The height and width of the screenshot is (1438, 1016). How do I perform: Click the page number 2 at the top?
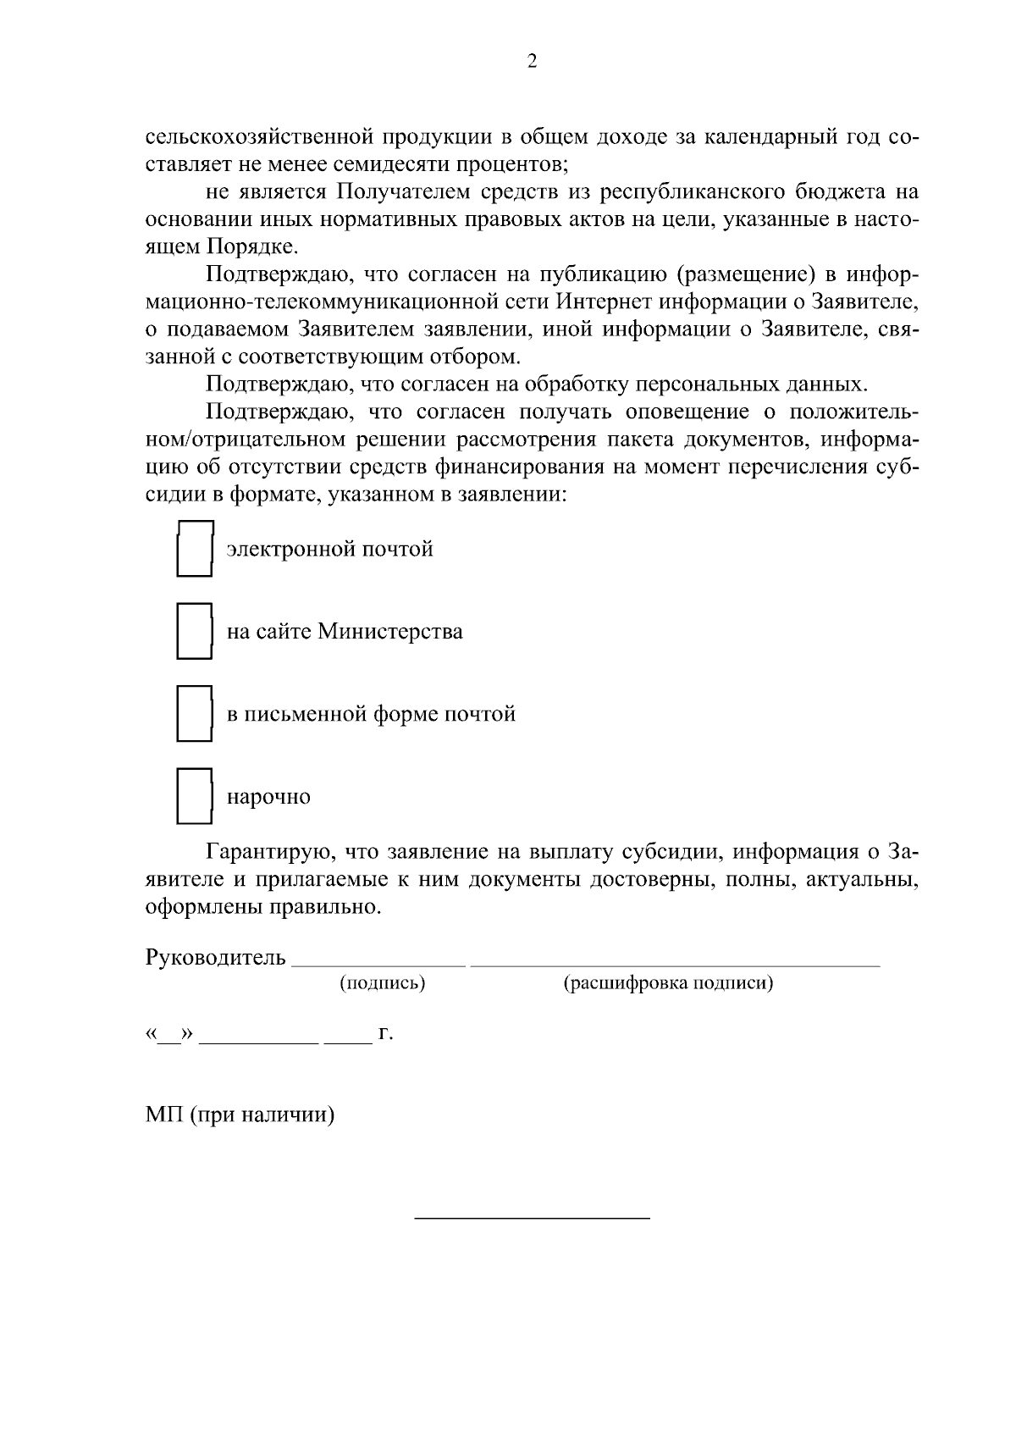click(532, 62)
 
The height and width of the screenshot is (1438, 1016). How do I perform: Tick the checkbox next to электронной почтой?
click(194, 549)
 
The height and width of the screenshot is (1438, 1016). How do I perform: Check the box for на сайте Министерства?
click(194, 631)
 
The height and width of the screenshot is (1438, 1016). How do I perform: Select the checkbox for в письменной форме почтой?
click(194, 713)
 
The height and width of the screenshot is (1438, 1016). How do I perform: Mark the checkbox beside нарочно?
click(194, 796)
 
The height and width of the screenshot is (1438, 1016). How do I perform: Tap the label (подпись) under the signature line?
click(382, 983)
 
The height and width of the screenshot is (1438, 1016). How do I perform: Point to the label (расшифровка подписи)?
click(668, 983)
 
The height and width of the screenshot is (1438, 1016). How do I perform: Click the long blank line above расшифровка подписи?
click(675, 964)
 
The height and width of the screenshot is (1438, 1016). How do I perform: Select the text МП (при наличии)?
click(240, 1114)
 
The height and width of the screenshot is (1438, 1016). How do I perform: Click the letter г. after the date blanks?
click(386, 1035)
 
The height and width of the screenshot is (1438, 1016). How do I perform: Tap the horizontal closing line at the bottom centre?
click(532, 1218)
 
